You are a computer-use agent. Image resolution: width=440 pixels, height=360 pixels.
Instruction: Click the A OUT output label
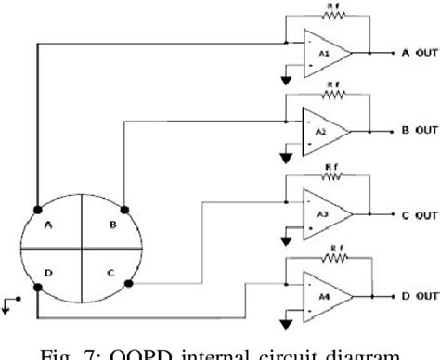(x=418, y=54)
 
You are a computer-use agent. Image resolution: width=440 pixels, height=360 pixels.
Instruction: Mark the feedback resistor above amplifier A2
(x=332, y=94)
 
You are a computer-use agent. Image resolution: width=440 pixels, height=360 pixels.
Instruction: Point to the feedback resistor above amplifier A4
(x=332, y=258)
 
